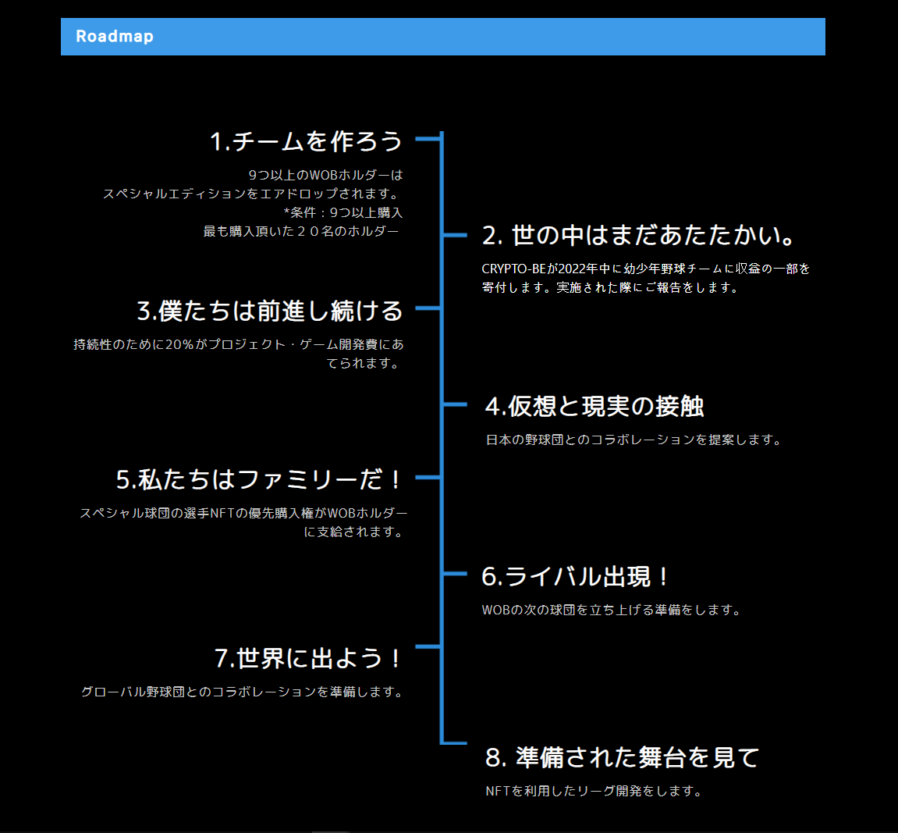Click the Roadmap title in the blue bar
[115, 37]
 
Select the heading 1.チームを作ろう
[306, 141]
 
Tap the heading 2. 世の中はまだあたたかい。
[638, 235]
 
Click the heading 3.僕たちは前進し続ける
[270, 311]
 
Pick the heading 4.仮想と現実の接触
[595, 406]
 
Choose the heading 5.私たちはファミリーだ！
[259, 479]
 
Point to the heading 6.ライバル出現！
[576, 577]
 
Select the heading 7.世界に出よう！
[308, 658]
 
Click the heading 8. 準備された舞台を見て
[622, 757]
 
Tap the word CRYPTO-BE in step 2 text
[513, 269]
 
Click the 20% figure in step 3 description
[179, 344]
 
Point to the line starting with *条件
[343, 212]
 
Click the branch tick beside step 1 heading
[428, 139]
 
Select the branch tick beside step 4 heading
[455, 404]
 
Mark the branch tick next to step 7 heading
[428, 646]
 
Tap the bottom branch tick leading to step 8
[455, 742]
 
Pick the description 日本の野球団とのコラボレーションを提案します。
[634, 440]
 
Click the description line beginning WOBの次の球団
[612, 610]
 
